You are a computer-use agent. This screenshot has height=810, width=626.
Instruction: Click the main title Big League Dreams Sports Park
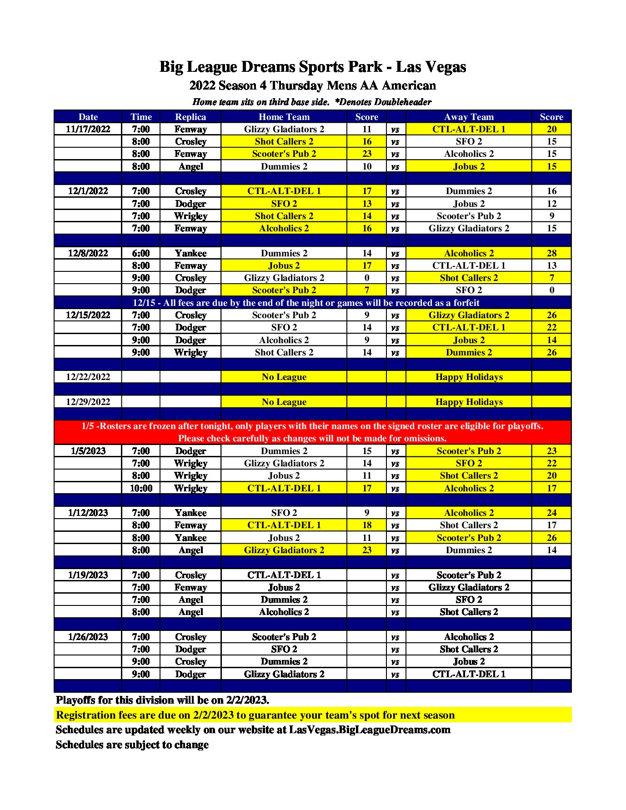[312, 67]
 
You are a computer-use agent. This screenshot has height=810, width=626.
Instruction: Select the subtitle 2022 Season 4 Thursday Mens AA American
[312, 85]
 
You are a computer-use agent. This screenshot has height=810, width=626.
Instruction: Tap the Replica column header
[190, 117]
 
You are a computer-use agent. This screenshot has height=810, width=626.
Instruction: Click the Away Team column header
[469, 117]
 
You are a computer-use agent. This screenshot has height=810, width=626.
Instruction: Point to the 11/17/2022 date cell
[88, 129]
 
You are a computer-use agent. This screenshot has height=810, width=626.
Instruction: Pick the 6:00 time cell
[141, 253]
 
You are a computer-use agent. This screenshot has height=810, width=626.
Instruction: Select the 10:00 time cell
[141, 488]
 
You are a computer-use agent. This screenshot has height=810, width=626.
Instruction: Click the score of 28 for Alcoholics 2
[551, 253]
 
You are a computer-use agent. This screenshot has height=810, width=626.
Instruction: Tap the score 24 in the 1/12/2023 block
[551, 513]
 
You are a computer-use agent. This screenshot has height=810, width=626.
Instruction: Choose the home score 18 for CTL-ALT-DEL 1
[367, 525]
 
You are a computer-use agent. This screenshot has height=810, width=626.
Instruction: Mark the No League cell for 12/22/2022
[284, 377]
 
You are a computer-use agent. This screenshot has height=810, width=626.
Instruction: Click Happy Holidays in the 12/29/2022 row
[469, 402]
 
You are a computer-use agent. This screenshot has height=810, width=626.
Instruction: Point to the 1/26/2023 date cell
[88, 637]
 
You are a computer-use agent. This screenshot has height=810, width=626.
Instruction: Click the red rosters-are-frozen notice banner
[312, 432]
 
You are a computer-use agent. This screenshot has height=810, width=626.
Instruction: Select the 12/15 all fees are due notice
[306, 303]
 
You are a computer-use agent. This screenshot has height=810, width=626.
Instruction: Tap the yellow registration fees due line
[255, 715]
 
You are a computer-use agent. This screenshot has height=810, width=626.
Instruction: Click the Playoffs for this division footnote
[162, 700]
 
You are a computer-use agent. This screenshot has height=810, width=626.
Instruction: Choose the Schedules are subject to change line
[132, 745]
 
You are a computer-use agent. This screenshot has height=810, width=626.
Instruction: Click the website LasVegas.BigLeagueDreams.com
[370, 730]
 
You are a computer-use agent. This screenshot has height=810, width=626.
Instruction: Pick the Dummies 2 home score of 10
[367, 166]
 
